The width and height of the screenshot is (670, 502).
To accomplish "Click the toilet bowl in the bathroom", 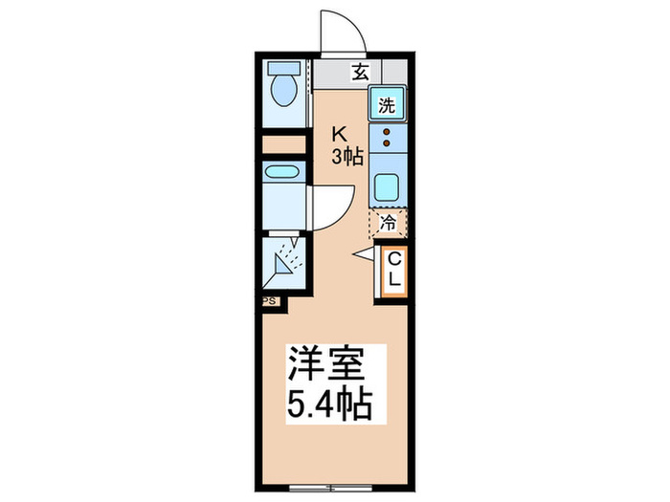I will [x=282, y=92].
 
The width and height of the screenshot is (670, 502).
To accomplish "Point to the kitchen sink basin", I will [x=387, y=187].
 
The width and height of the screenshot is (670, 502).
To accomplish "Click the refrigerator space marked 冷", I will [x=388, y=224].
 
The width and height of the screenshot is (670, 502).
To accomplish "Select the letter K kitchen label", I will [x=338, y=135].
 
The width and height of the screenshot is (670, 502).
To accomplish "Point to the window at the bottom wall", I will [x=329, y=488].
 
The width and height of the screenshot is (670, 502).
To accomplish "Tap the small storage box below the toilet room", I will [x=282, y=145].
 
